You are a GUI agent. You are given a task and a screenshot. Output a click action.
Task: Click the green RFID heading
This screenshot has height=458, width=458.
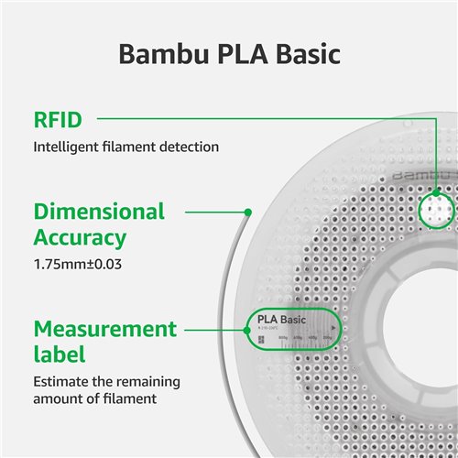pos(58,119)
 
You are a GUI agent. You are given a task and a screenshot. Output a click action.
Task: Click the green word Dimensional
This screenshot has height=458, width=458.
pos(99,213)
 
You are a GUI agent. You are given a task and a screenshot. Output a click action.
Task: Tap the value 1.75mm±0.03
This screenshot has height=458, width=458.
pos(78,265)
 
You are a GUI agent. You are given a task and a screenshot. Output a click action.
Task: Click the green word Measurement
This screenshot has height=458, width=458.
pos(105,328)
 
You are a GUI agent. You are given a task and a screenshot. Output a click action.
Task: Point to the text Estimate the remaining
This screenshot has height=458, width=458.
pos(106,381)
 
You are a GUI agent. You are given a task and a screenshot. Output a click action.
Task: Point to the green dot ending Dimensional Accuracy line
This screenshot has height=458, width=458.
pos(247,213)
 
